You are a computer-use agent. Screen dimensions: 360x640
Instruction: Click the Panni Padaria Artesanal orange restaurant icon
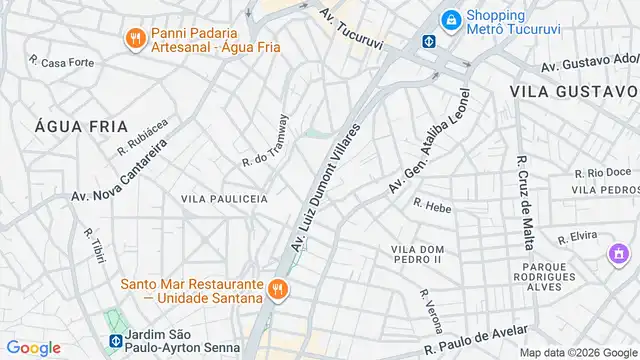(x=134, y=39)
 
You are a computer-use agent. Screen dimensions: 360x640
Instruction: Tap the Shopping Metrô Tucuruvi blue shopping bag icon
(x=452, y=19)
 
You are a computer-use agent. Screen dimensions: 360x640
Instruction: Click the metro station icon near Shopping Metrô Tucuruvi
(x=428, y=42)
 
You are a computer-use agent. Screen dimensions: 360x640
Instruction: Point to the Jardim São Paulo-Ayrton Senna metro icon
(x=116, y=340)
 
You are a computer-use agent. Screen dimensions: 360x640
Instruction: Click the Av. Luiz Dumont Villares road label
(x=325, y=188)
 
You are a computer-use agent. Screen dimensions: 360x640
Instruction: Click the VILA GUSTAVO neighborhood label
(x=573, y=90)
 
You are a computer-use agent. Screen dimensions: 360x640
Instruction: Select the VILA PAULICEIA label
(x=224, y=199)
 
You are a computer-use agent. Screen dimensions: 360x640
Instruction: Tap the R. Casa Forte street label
(x=61, y=62)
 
